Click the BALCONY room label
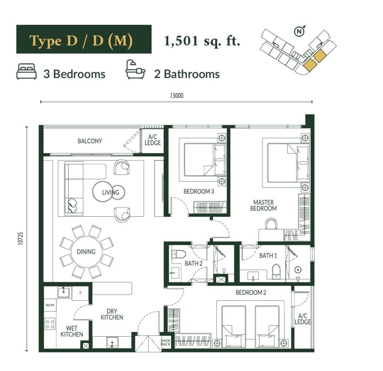[90, 141]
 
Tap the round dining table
[86, 252]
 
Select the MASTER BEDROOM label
[263, 205]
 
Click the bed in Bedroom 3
[202, 160]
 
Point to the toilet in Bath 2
[178, 254]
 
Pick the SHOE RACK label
[165, 342]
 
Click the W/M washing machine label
[50, 305]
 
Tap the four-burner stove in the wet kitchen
[50, 324]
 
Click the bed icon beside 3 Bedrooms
[27, 71]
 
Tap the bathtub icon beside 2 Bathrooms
[135, 69]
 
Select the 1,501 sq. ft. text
[202, 41]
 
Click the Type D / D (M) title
[81, 40]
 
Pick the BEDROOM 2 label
[251, 293]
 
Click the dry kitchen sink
[112, 342]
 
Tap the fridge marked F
[80, 293]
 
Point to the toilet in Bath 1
[276, 271]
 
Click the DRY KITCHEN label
[112, 314]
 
